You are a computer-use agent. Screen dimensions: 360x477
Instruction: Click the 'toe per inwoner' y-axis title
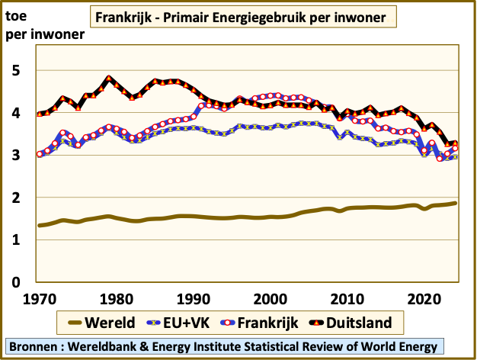point(44,24)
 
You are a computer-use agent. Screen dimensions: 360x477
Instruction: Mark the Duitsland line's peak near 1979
point(109,79)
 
